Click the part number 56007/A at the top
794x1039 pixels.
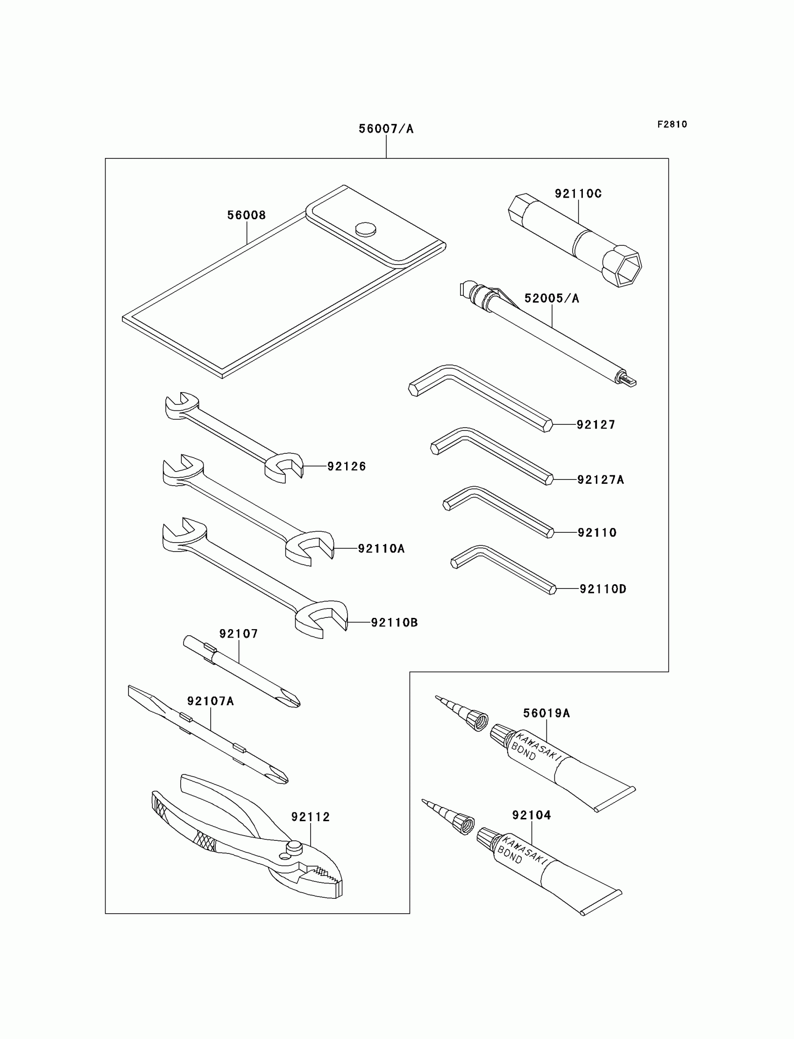point(386,129)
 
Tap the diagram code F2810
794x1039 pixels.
point(672,124)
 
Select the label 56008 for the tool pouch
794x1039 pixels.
point(246,215)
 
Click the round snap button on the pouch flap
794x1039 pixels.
point(366,229)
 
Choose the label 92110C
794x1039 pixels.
point(578,193)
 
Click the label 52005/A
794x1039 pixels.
point(552,298)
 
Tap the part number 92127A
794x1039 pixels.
point(600,480)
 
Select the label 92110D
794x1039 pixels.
point(603,589)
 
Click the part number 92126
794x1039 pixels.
point(347,466)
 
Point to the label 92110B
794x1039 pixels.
point(394,623)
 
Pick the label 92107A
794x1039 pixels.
point(210,701)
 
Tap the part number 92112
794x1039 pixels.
point(310,817)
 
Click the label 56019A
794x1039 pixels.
point(546,713)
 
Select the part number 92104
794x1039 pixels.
point(531,815)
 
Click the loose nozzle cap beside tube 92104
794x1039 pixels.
point(464,824)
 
